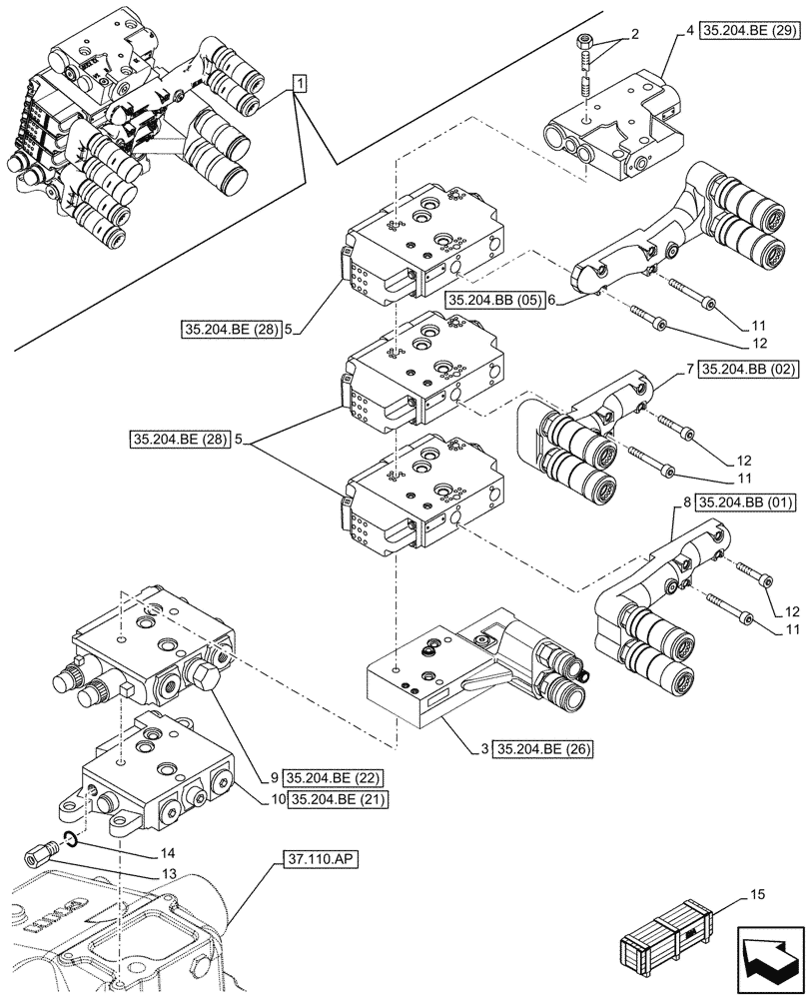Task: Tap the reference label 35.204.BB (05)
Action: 494,300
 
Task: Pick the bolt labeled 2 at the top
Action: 585,68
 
